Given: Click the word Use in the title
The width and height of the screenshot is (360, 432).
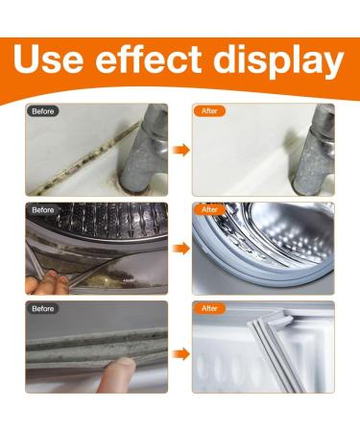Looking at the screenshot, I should [59, 60].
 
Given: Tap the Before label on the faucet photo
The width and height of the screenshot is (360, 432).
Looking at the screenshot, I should [44, 110].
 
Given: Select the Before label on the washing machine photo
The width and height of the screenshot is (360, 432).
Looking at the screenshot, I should [44, 209].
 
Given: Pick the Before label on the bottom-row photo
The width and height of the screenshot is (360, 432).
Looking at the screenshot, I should [44, 308].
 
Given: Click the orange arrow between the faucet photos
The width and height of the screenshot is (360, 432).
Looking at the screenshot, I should [180, 151].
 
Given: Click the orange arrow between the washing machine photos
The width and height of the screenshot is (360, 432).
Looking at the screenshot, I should [180, 249].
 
